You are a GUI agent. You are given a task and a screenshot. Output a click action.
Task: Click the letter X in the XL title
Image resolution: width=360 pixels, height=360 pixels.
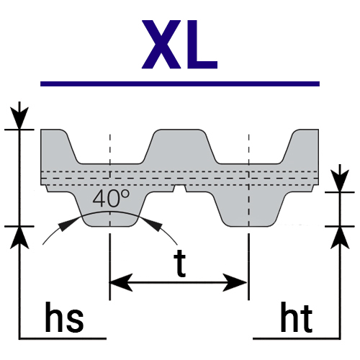point(161,45)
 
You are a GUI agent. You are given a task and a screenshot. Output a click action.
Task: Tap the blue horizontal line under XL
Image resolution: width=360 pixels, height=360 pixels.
point(180,84)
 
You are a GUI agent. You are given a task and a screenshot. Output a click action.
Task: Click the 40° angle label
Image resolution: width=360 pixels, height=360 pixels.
point(111,198)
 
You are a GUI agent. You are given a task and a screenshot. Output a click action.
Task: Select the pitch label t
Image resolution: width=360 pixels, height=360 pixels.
point(180,263)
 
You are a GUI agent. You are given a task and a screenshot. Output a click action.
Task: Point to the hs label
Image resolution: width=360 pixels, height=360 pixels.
point(64,317)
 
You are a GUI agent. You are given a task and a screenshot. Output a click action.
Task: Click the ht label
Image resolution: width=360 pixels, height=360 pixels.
point(297,317)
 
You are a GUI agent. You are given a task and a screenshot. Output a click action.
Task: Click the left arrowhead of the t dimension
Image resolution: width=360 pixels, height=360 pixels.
point(121,282)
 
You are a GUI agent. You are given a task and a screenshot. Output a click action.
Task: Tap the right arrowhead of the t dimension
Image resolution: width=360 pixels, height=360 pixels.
point(235,282)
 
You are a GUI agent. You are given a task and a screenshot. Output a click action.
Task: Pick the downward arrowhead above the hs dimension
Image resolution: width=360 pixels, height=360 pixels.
point(19,118)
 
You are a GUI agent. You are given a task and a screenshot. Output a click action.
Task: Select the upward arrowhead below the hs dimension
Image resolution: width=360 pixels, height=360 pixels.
point(19,238)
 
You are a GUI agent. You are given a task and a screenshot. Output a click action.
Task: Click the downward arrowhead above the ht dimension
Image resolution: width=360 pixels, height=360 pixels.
point(340,181)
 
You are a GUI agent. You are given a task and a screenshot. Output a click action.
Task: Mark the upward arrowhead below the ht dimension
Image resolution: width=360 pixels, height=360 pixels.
point(340,238)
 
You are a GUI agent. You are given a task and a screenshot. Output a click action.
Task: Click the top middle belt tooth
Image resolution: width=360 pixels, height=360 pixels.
point(180,146)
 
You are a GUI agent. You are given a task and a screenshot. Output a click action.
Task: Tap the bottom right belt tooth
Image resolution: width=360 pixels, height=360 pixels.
point(250,209)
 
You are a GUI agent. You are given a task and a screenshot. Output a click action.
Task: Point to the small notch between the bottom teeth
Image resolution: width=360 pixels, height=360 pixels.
point(179,189)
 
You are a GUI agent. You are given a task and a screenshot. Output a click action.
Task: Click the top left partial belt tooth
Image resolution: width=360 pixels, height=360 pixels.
point(60,146)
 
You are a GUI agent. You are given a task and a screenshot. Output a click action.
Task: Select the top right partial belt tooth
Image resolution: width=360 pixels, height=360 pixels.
point(301,146)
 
